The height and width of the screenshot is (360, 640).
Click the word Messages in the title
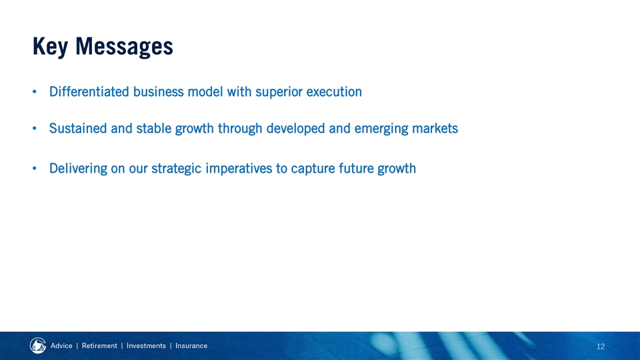point(124,47)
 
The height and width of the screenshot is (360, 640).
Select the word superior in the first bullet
point(279,92)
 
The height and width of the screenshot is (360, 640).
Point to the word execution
point(334,91)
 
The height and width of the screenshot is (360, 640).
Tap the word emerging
point(381,129)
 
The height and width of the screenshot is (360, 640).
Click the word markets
point(435,128)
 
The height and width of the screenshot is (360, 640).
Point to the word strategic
point(176,169)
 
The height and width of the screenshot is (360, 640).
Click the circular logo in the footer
point(38,346)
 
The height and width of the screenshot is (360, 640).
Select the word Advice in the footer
point(61,346)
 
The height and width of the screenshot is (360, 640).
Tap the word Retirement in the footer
point(99,346)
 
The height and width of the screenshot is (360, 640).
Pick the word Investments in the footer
point(146,346)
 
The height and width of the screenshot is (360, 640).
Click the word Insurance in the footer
point(191,346)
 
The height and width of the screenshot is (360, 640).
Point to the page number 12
point(601,347)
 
